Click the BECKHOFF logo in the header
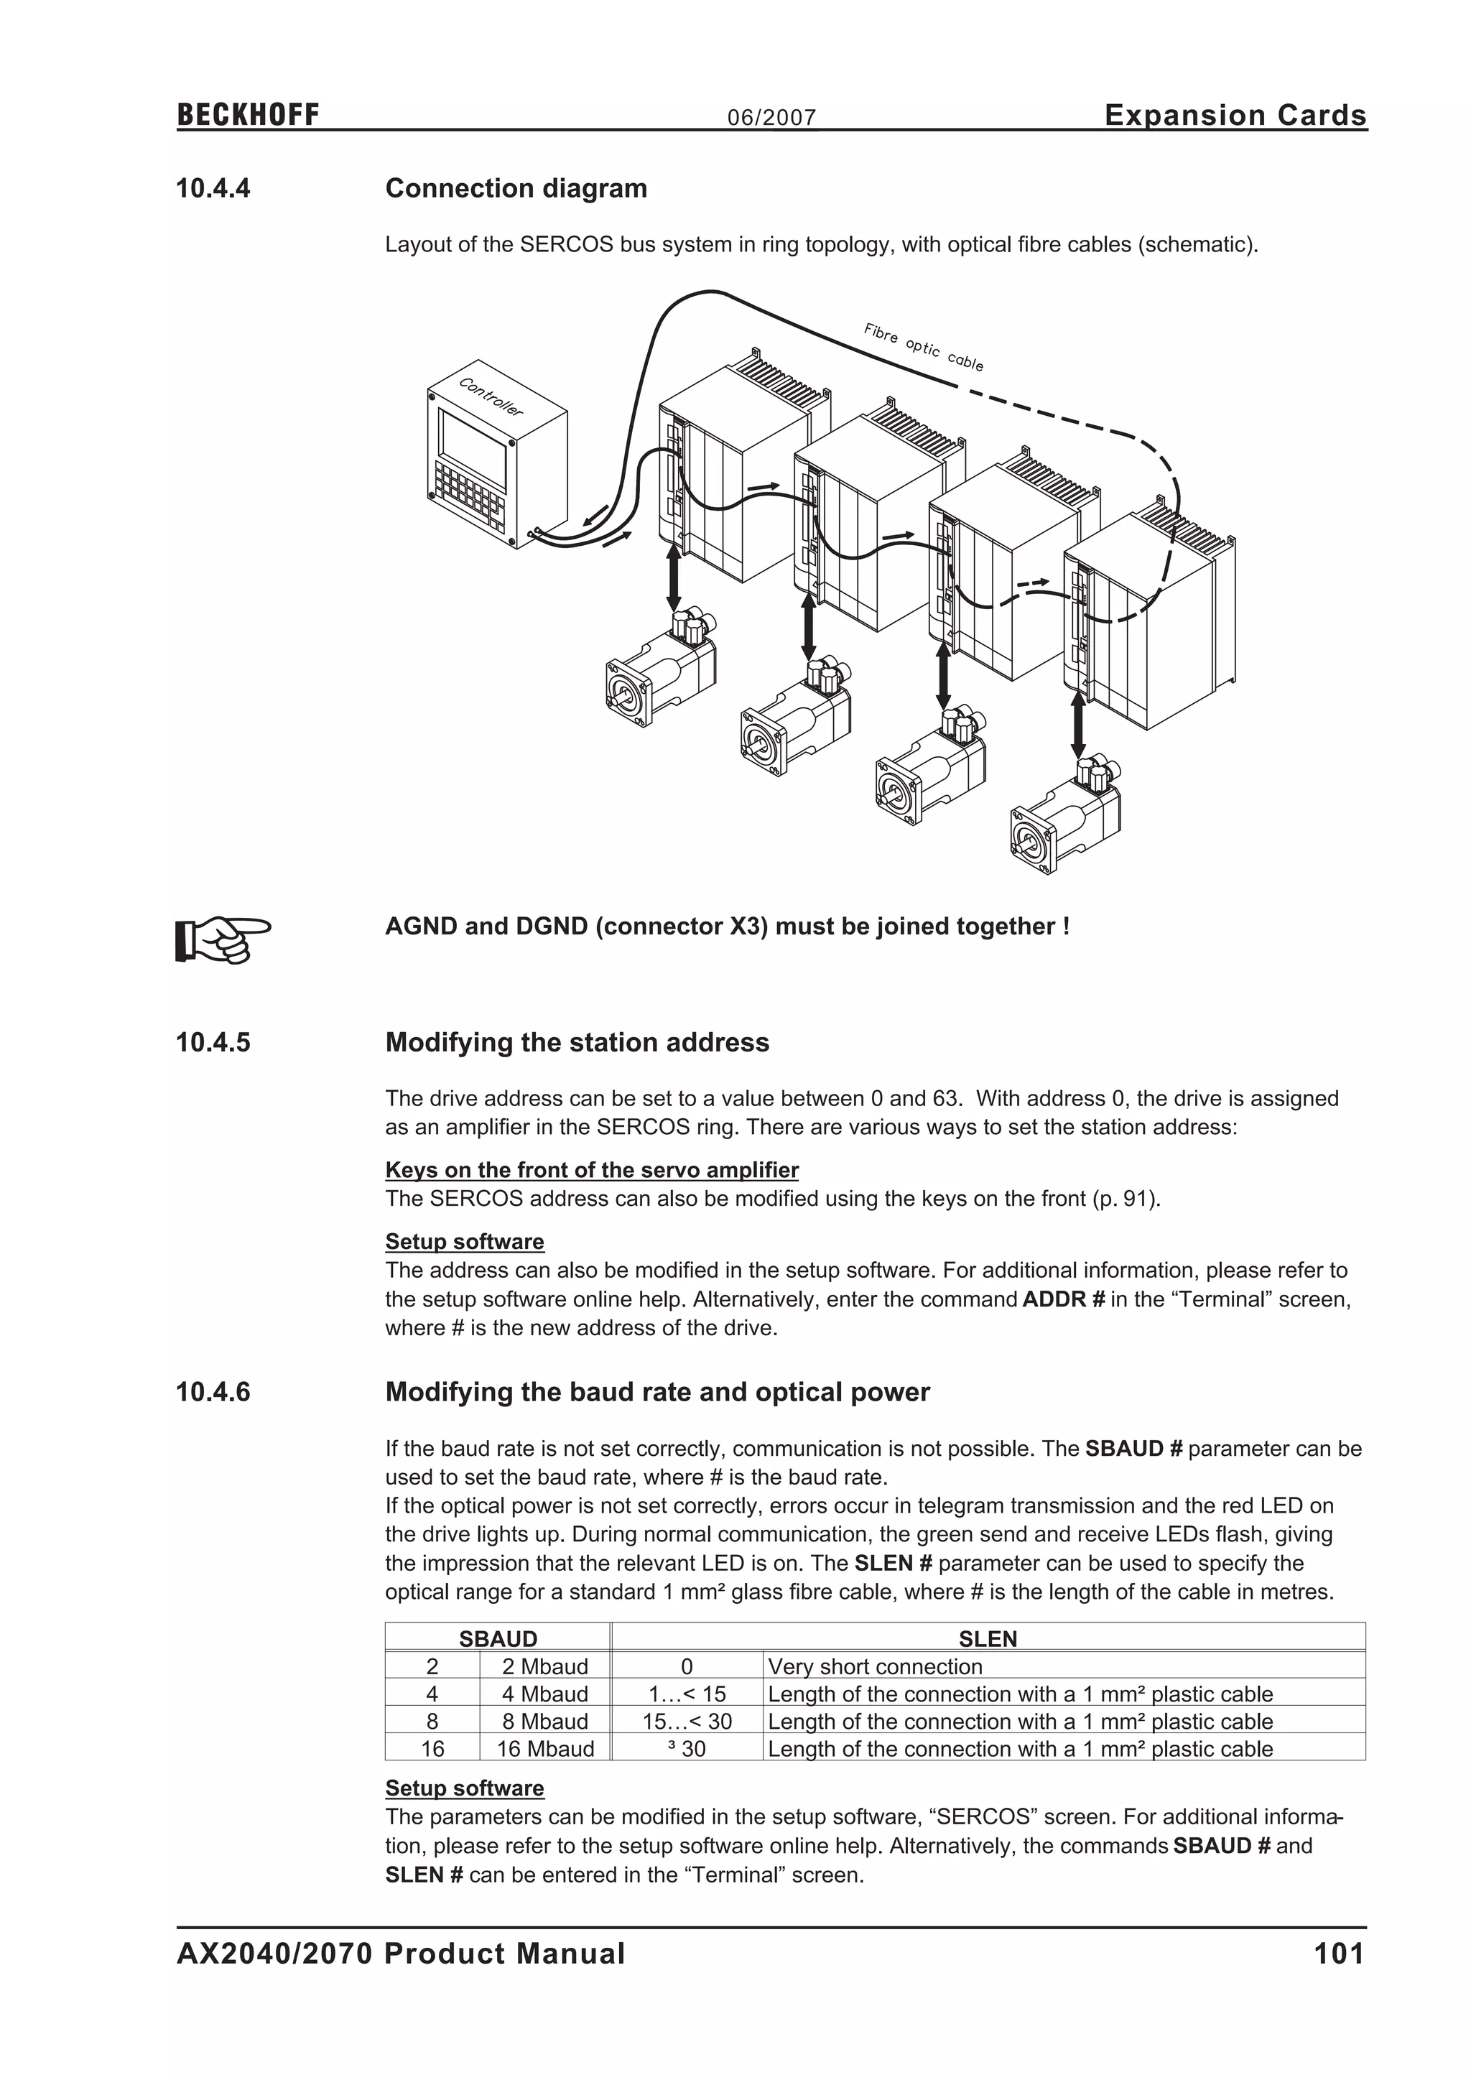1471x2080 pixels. (x=247, y=115)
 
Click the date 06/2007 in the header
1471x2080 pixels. (x=771, y=118)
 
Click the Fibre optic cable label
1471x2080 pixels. (x=923, y=347)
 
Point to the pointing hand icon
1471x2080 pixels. (x=222, y=939)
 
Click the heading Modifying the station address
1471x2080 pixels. (x=577, y=1042)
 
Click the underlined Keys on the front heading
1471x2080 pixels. (x=591, y=1169)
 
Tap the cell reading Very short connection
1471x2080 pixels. (x=875, y=1666)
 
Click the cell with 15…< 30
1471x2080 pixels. (x=687, y=1722)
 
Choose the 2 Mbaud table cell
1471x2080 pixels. (x=545, y=1666)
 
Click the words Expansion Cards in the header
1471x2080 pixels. (x=1235, y=115)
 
